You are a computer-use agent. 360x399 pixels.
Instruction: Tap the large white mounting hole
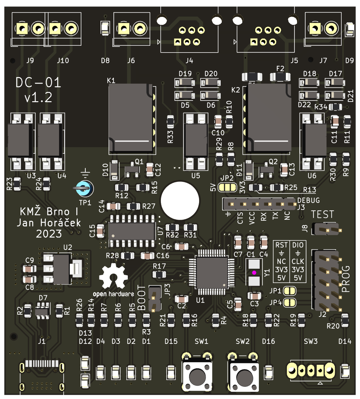(x=180, y=201)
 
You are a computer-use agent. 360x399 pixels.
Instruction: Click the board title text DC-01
(x=39, y=83)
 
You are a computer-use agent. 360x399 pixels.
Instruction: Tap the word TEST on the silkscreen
(x=322, y=215)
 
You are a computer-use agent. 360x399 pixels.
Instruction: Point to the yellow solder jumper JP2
(x=228, y=187)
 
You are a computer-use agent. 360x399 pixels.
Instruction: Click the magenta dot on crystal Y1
(x=254, y=273)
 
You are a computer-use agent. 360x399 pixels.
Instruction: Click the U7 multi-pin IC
(x=131, y=231)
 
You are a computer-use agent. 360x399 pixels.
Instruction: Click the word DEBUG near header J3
(x=309, y=201)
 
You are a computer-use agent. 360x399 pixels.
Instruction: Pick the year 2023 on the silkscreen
(x=49, y=234)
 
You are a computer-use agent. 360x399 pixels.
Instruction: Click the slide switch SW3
(x=311, y=370)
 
